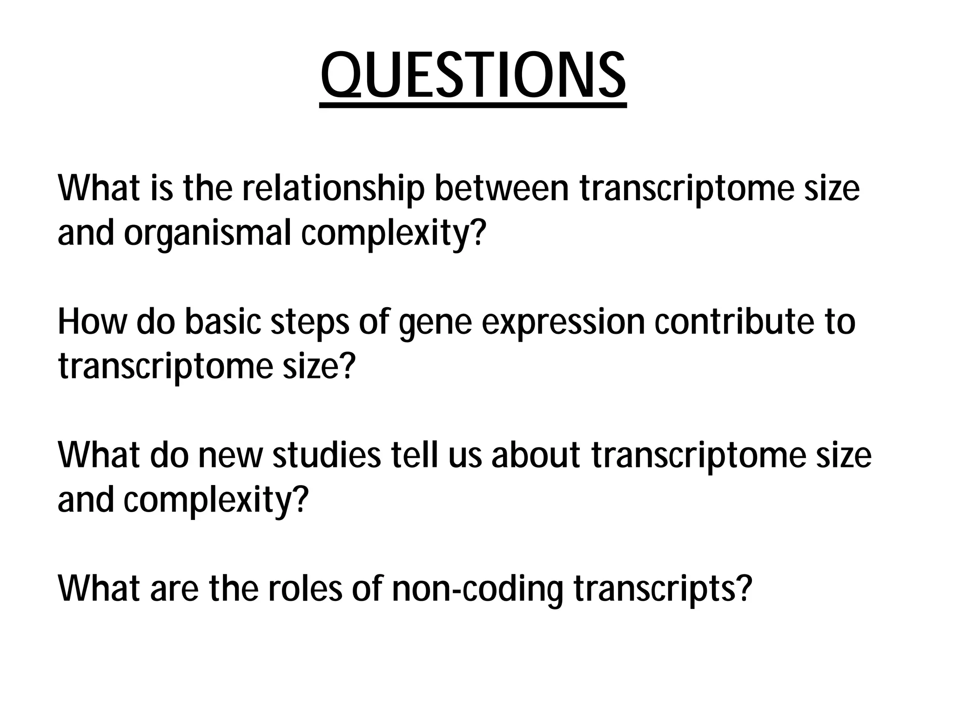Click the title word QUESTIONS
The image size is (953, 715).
[x=473, y=74]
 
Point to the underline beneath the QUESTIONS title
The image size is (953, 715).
[x=473, y=106]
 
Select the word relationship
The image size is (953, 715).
[x=333, y=189]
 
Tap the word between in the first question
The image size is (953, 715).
[x=502, y=189]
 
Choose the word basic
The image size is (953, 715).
[x=223, y=322]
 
